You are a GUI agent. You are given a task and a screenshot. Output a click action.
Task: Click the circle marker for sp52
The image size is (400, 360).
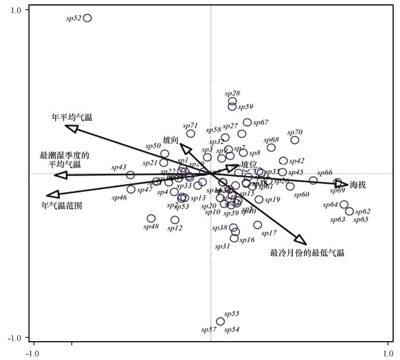[87, 18]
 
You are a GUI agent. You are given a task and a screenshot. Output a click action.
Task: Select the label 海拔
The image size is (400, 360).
[358, 185]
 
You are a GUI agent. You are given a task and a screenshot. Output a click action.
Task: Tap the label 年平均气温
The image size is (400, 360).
[72, 118]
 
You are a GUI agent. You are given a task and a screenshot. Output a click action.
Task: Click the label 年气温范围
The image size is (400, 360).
[62, 205]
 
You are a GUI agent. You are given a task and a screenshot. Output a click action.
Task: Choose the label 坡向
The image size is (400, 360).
[171, 140]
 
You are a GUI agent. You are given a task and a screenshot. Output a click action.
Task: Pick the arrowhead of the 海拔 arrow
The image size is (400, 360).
[342, 184]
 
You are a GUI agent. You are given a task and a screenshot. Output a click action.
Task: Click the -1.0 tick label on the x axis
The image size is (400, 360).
[35, 353]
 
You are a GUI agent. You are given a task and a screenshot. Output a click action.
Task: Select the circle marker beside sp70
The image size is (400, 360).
[295, 140]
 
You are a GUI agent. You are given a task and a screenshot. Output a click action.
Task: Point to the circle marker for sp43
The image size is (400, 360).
[130, 175]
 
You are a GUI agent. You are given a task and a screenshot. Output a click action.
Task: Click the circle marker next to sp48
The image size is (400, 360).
[151, 218]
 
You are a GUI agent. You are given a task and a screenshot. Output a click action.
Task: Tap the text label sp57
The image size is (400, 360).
[209, 330]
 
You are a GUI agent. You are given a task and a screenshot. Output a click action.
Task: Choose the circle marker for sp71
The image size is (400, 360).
[191, 134]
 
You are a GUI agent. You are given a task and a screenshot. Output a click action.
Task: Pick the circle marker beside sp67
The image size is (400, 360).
[247, 122]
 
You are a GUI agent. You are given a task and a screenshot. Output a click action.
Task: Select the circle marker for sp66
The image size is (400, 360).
[313, 181]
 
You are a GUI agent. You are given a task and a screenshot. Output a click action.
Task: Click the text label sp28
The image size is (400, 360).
[232, 93]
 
